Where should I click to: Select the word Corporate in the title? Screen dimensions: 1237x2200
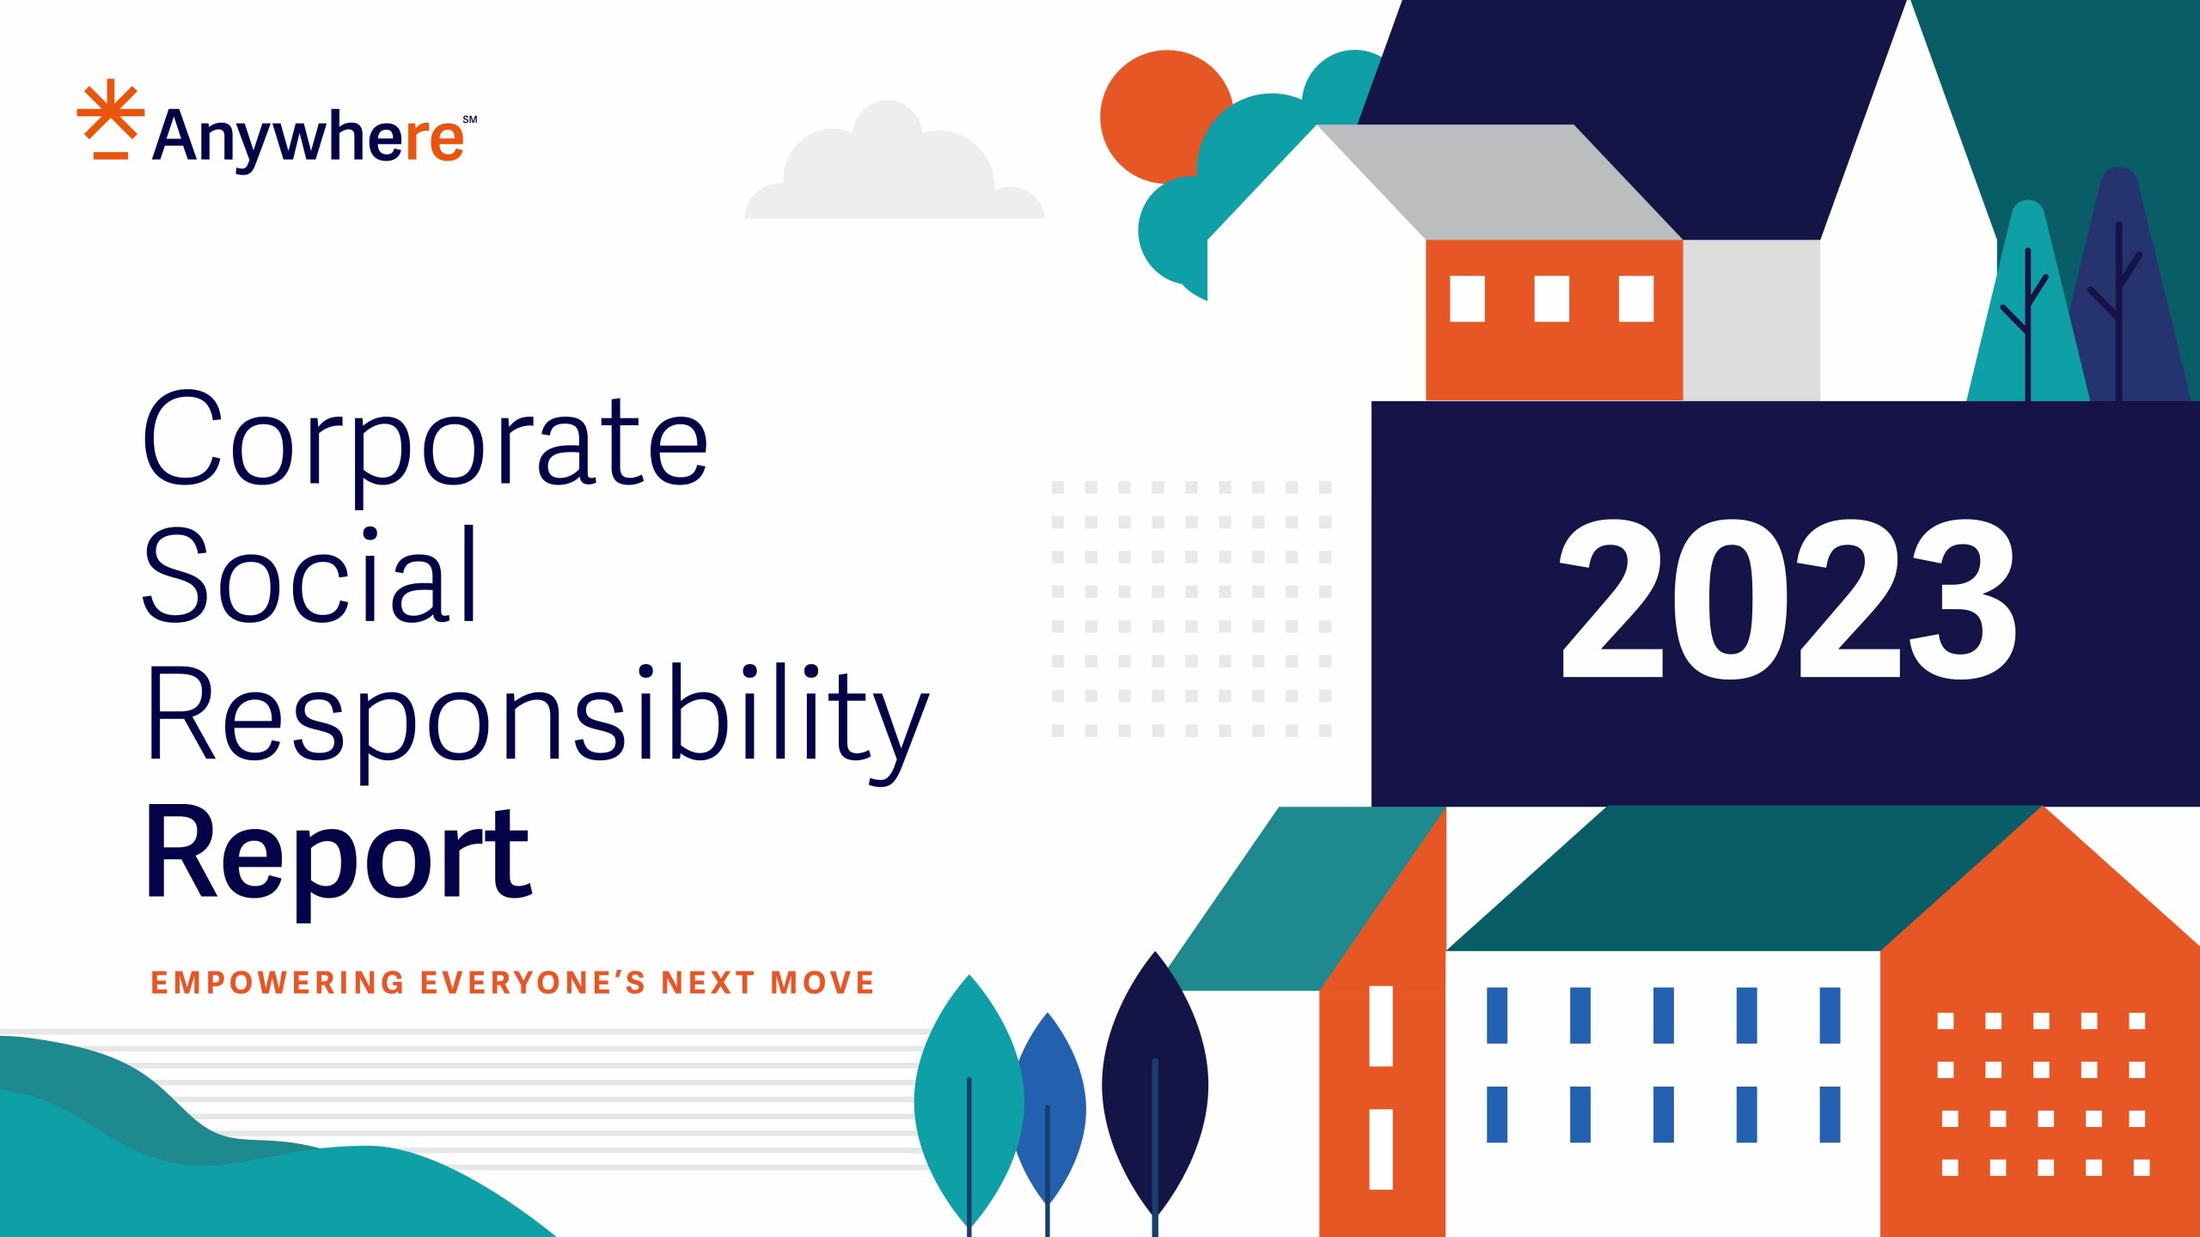425,440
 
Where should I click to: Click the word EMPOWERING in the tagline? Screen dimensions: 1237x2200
277,983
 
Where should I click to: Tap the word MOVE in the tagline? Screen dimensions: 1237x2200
822,983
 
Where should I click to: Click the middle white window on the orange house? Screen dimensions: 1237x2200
1551,298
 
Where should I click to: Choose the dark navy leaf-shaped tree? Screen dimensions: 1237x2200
1155,1082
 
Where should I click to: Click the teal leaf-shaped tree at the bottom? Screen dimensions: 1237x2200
969,1100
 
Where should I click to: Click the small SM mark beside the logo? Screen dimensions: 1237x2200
470,119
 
